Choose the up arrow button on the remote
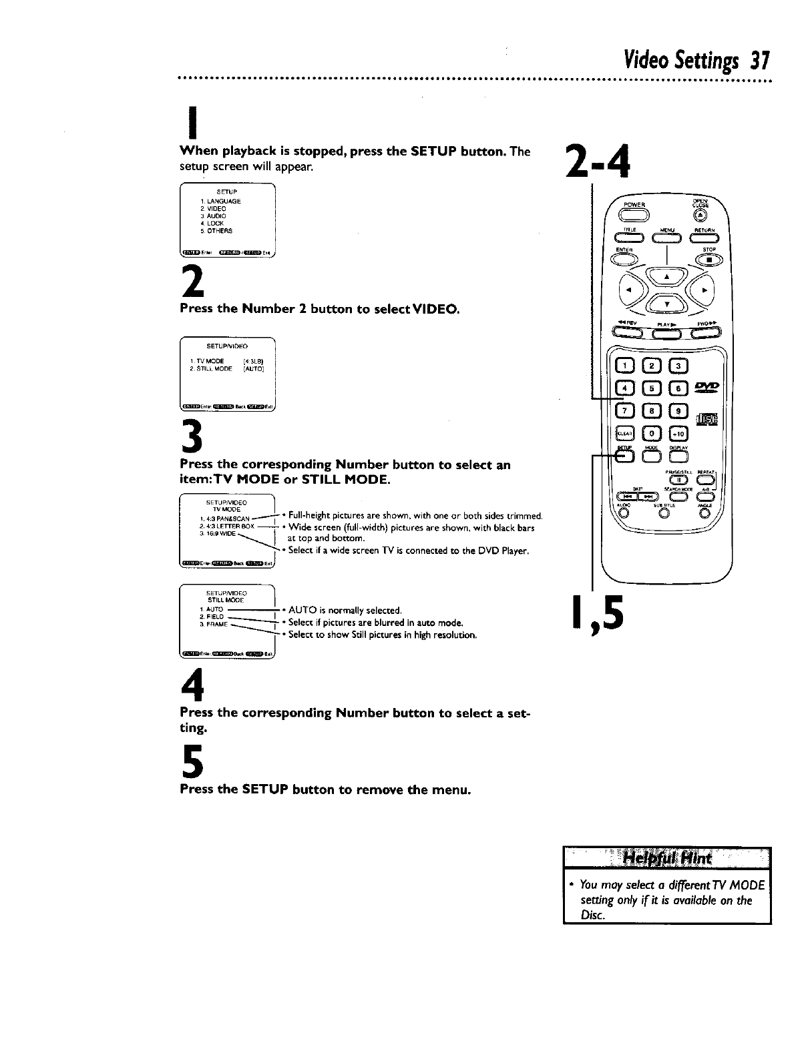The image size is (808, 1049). tap(665, 275)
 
